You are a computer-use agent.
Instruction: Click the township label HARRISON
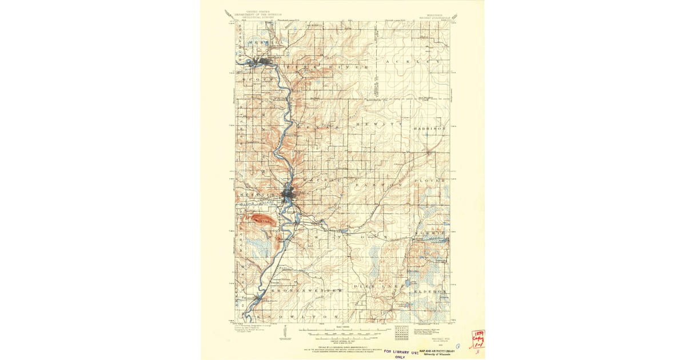pos(430,129)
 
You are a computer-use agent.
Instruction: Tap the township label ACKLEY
pos(413,61)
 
